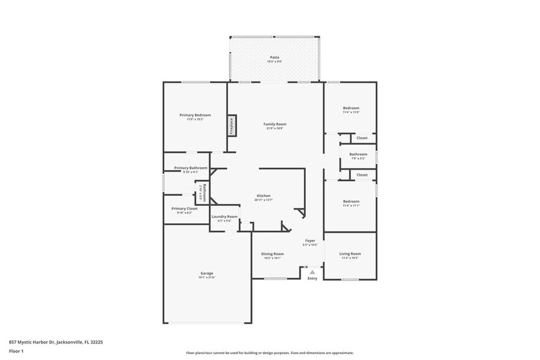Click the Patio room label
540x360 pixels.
pos(274,58)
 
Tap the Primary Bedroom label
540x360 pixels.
pos(195,115)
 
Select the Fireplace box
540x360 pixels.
pos(231,126)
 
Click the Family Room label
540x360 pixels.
pos(275,124)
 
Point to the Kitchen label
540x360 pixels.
pos(263,196)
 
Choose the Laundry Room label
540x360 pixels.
pos(224,217)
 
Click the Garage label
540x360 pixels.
pos(206,274)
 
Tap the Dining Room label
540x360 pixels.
pos(272,254)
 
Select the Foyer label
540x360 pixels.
pos(310,241)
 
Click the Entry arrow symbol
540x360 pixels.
pos(312,272)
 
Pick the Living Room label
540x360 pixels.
pos(350,254)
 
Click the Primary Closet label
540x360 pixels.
pos(184,209)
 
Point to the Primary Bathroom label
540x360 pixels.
pos(190,168)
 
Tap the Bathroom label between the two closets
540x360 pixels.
pos(358,154)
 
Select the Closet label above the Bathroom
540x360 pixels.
pos(362,138)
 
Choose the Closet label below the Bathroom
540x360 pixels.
pos(362,174)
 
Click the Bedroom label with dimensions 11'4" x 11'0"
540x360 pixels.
pos(351,108)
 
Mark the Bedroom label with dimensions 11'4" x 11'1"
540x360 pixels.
pos(351,201)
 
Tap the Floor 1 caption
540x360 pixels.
pos(16,351)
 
